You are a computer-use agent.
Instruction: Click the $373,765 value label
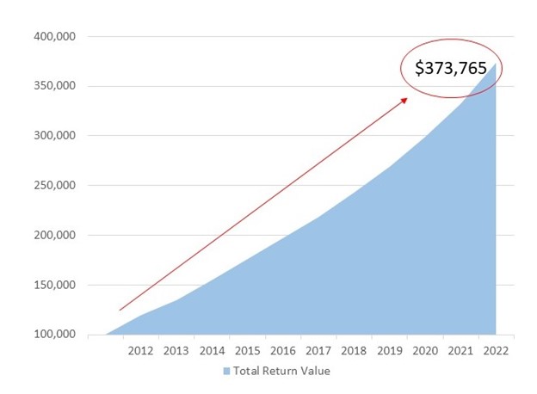pyautogui.click(x=450, y=68)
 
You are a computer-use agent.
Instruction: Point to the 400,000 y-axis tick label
pyautogui.click(x=53, y=37)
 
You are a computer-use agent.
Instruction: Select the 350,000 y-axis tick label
pyautogui.click(x=53, y=86)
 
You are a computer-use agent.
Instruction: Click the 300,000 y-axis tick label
pyautogui.click(x=53, y=136)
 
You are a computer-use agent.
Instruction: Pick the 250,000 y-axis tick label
pyautogui.click(x=53, y=186)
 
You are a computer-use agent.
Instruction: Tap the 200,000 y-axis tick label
pyautogui.click(x=53, y=236)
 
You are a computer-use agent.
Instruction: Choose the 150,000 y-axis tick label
pyautogui.click(x=53, y=285)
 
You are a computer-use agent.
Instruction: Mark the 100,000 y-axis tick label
pyautogui.click(x=53, y=335)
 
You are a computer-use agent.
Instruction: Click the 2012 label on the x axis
pyautogui.click(x=140, y=351)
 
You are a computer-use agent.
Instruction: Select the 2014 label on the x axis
pyautogui.click(x=211, y=351)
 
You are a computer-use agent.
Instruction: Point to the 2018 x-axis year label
pyautogui.click(x=353, y=351)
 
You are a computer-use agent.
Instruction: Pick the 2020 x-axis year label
pyautogui.click(x=423, y=351)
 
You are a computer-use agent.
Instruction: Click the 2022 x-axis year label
pyautogui.click(x=495, y=351)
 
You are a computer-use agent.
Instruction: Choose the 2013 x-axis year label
pyautogui.click(x=176, y=351)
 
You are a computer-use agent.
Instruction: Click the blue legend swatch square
pyautogui.click(x=227, y=372)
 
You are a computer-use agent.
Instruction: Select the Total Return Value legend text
pyautogui.click(x=281, y=372)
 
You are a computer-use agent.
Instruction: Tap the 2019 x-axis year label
pyautogui.click(x=388, y=351)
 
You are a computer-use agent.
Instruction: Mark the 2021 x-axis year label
pyautogui.click(x=460, y=351)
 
